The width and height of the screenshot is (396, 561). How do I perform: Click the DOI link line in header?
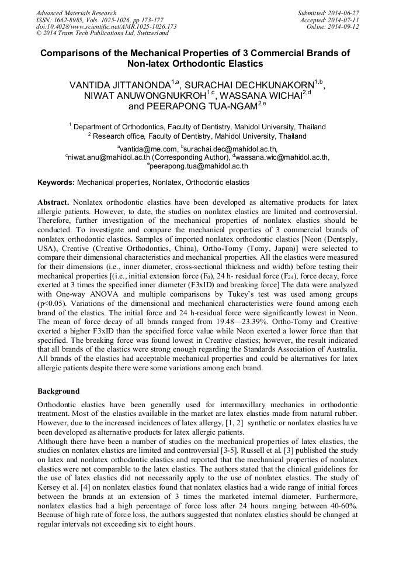pos(106,27)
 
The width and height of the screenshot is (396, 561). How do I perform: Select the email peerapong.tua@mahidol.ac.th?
pos(199,166)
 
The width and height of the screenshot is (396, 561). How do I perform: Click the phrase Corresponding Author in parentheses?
pos(192,157)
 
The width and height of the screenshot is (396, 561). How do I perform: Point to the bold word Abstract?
pos(54,201)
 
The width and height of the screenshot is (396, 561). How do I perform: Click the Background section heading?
pos(58,391)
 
